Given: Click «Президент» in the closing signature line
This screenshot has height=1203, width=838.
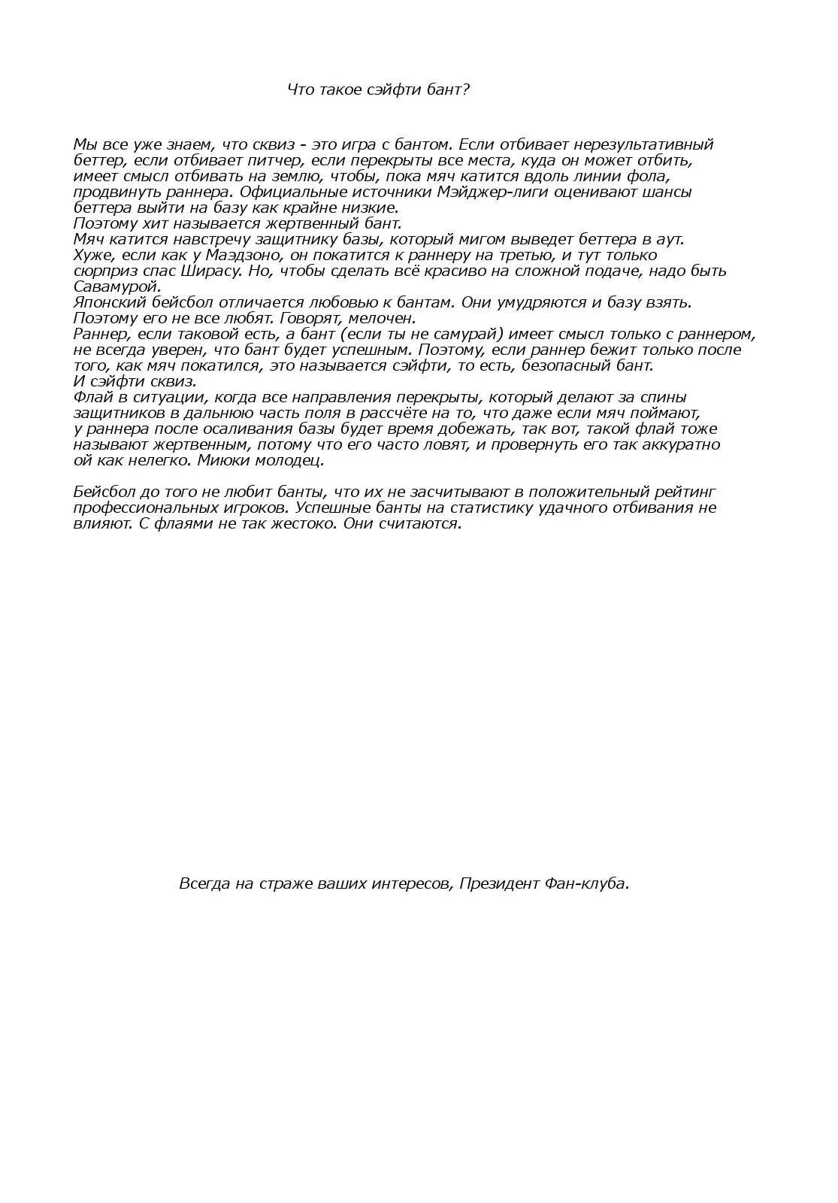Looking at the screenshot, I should click(496, 883).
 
